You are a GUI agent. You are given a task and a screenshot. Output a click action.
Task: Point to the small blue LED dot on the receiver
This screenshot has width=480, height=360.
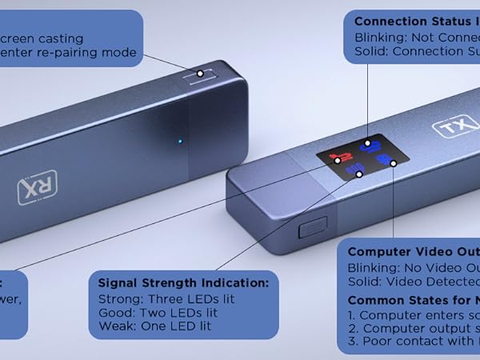click(180, 142)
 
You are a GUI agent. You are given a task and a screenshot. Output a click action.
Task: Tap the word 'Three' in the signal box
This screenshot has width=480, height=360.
click(164, 299)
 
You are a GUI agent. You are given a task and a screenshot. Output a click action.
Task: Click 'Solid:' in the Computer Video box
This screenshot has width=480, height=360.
click(366, 282)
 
